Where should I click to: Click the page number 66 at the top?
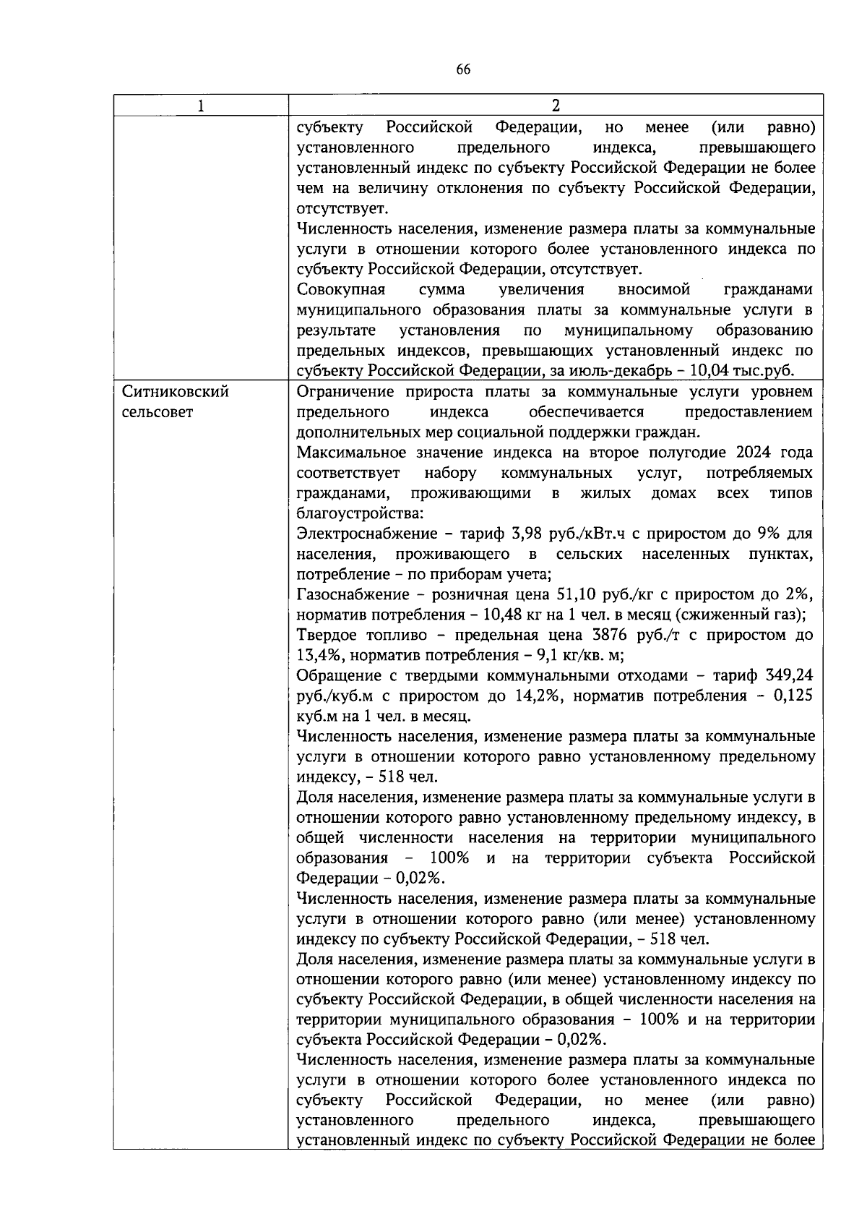[x=463, y=69]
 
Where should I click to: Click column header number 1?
[x=200, y=106]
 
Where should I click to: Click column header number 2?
[x=555, y=106]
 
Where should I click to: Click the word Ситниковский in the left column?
[x=176, y=392]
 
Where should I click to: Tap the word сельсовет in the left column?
[x=158, y=412]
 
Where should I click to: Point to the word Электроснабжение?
[x=363, y=534]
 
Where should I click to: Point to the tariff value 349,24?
[x=788, y=675]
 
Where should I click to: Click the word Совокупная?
[x=341, y=290]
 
